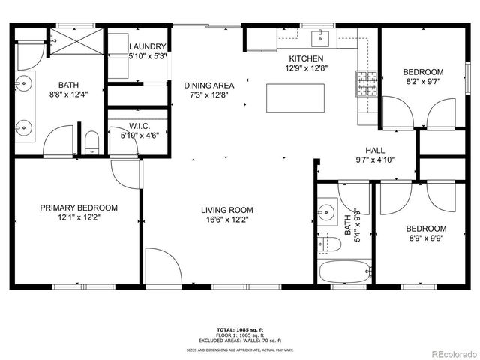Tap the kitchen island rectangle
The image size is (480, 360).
295,97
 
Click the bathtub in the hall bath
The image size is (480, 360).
344,272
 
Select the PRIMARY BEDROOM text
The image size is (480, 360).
79,208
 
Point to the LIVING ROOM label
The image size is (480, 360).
226,210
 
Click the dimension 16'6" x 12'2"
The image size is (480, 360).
226,220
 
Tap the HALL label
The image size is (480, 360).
375,150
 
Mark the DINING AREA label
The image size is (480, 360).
209,85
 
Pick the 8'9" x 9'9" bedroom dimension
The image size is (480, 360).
426,239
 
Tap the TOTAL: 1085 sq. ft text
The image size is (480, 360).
239,329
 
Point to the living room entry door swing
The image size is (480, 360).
161,267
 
